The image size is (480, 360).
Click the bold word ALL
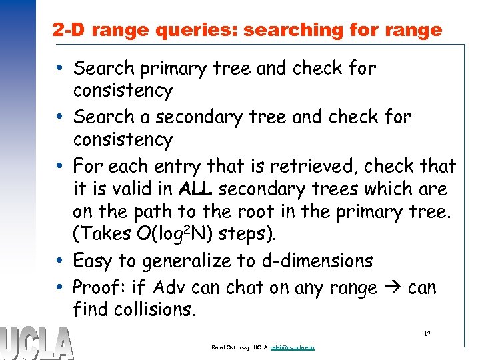[x=197, y=189]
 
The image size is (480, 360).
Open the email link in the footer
[x=293, y=347]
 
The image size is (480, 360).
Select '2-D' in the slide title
[x=69, y=30]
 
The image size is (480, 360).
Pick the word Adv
[x=169, y=287]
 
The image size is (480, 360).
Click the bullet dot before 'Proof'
[x=61, y=287]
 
